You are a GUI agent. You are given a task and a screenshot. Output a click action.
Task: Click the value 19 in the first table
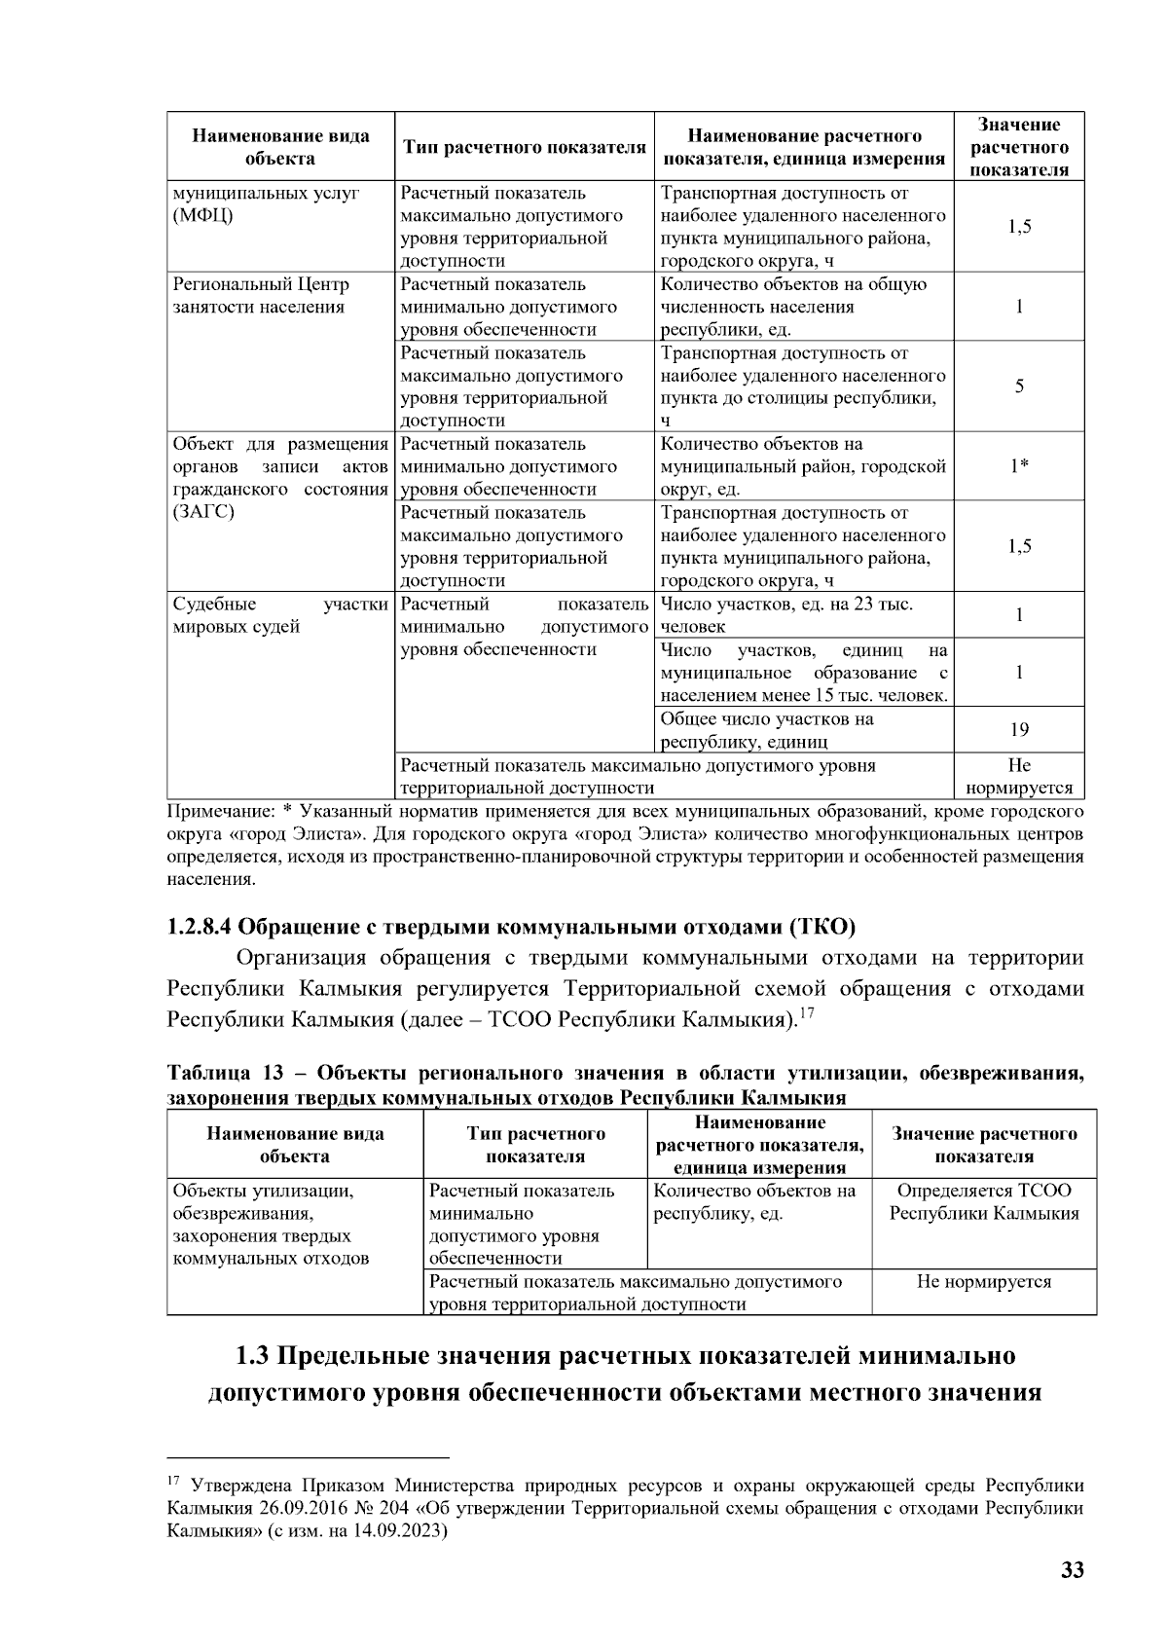click(x=1019, y=730)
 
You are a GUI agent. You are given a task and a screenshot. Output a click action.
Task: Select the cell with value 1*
click(x=1019, y=466)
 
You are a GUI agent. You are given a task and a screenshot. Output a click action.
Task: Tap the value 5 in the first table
click(x=1019, y=386)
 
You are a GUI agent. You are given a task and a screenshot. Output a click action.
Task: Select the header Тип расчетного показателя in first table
click(x=525, y=148)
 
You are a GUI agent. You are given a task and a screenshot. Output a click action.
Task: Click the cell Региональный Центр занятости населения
click(x=260, y=296)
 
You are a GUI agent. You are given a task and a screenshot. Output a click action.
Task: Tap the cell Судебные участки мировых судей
click(x=279, y=615)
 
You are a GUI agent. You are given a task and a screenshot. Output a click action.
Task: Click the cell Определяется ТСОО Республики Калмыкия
click(x=984, y=1202)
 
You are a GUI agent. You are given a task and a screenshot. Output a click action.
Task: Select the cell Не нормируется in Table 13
click(x=984, y=1282)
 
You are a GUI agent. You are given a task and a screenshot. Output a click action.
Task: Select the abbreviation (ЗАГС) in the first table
click(x=203, y=512)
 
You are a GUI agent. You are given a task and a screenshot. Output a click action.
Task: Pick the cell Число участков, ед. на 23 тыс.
click(x=786, y=615)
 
